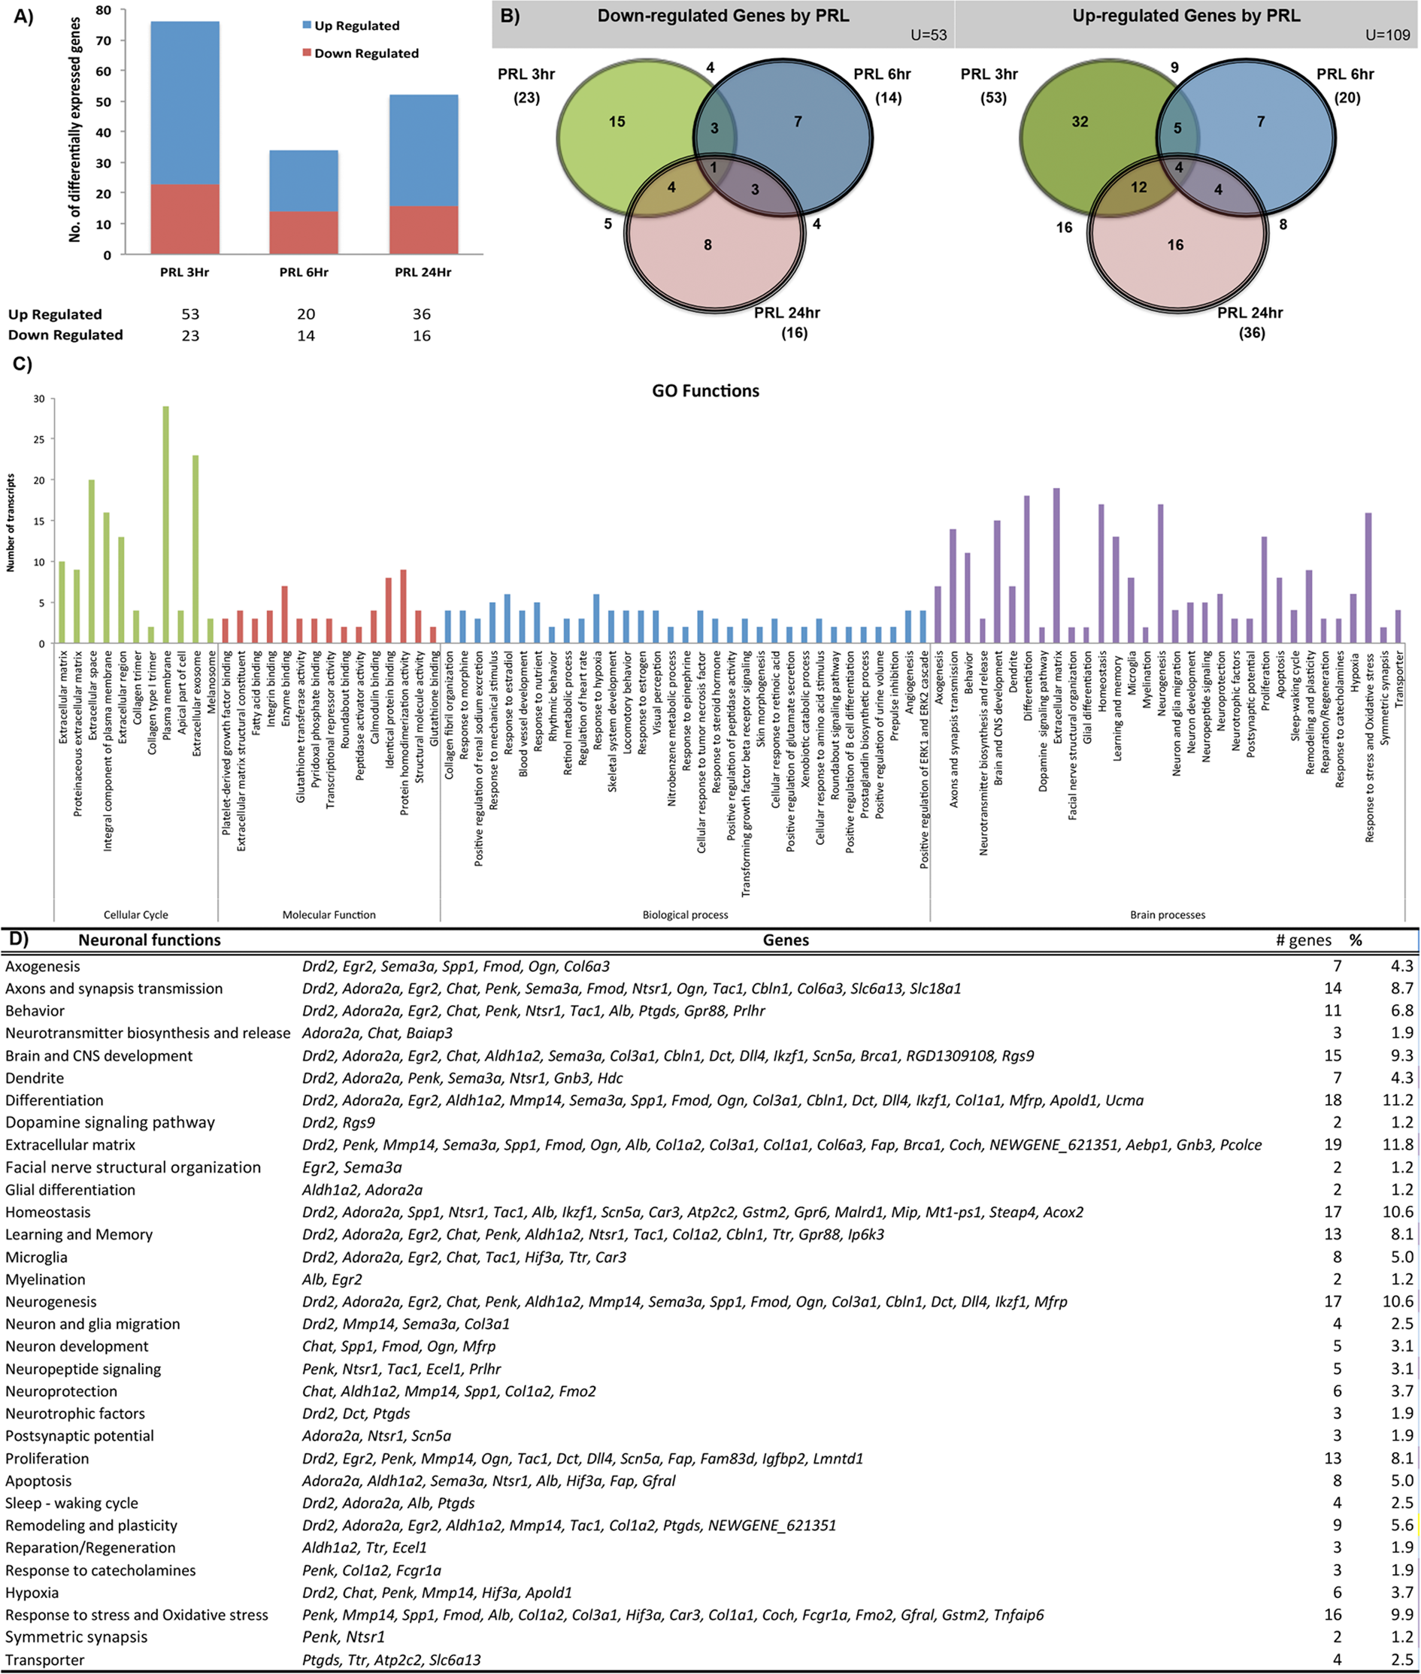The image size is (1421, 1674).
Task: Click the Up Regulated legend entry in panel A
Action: (x=356, y=26)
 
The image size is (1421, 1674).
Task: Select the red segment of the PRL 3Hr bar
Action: (x=184, y=219)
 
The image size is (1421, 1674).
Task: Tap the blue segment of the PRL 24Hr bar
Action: (x=424, y=150)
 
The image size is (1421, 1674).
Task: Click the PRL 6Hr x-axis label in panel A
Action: (x=304, y=272)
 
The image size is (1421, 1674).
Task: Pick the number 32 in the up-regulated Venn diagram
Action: (x=1080, y=122)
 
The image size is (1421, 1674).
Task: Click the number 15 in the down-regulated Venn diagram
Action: (x=617, y=122)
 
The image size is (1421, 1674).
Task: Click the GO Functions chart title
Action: (x=706, y=392)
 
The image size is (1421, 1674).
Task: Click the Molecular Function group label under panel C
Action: (x=329, y=915)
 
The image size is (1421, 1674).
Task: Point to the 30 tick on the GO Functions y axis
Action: (x=38, y=398)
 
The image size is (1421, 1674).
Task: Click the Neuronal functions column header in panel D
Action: (x=149, y=940)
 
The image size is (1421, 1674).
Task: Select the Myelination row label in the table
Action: (x=45, y=1279)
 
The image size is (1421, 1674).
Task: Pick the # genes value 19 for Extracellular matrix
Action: (x=1332, y=1145)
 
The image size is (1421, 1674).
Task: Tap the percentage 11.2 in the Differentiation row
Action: (x=1398, y=1100)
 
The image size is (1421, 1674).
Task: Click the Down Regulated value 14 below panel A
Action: (x=305, y=336)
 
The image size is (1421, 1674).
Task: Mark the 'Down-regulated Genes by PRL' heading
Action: (x=723, y=16)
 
